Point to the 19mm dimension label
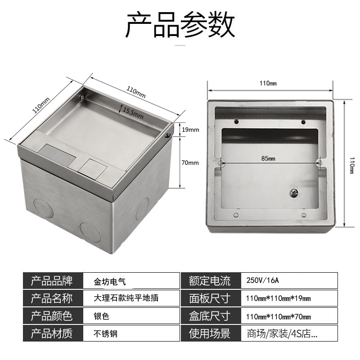(189, 130)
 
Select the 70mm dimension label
(189, 162)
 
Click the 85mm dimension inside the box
(270, 158)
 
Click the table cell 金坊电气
(111, 281)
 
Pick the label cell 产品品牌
(51, 281)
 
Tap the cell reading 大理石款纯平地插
(126, 298)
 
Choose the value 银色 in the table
(102, 316)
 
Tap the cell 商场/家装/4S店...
(282, 334)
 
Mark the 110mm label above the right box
(269, 83)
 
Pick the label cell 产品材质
(51, 334)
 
